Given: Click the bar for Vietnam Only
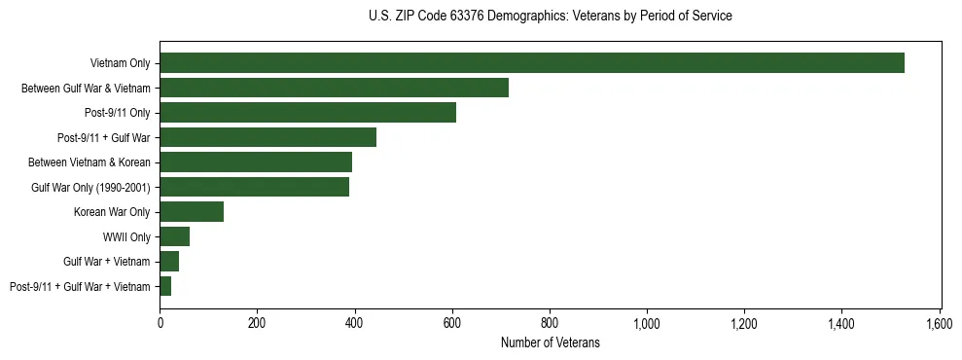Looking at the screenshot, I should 532,63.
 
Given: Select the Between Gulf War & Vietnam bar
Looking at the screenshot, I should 334,88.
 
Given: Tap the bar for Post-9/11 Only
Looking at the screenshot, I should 307,113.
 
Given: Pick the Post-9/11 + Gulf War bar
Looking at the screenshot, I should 267,137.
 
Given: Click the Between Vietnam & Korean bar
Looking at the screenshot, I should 256,162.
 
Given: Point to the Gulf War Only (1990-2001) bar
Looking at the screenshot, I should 254,187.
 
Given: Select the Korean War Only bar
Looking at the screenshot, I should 192,212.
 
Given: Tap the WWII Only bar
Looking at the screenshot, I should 175,236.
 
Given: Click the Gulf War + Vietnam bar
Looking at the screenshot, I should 169,262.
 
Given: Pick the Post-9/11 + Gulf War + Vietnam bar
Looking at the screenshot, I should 165,286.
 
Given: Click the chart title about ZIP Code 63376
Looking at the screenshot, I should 551,17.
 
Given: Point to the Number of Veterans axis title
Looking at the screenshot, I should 551,342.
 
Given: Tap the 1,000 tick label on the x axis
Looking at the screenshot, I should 647,323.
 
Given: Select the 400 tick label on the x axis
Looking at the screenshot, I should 354,323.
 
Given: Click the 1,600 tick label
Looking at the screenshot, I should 940,323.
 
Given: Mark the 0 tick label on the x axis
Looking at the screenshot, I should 160,323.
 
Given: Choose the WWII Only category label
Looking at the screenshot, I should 126,236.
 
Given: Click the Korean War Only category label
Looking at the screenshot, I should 112,212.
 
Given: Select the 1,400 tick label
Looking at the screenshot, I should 841,323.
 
